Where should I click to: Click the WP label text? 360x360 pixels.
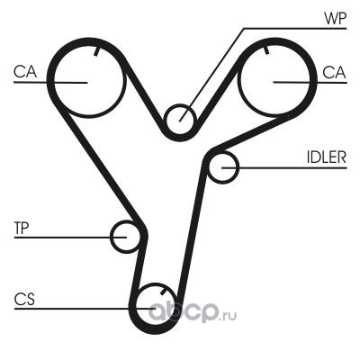(336, 19)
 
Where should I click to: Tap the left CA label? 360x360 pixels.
(25, 72)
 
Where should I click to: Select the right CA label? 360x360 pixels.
(334, 72)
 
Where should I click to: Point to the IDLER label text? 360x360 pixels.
(327, 157)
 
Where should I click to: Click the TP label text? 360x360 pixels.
(22, 229)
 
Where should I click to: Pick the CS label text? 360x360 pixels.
(24, 299)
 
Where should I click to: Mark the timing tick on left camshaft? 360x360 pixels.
(96, 51)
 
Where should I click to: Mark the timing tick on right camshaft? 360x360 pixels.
(266, 49)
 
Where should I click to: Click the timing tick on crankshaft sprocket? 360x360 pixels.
(164, 292)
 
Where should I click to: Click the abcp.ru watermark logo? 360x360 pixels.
(193, 311)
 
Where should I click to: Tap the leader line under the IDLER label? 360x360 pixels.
(283, 167)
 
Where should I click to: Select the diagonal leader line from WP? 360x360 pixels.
(211, 75)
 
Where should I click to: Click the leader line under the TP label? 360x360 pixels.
(70, 237)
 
